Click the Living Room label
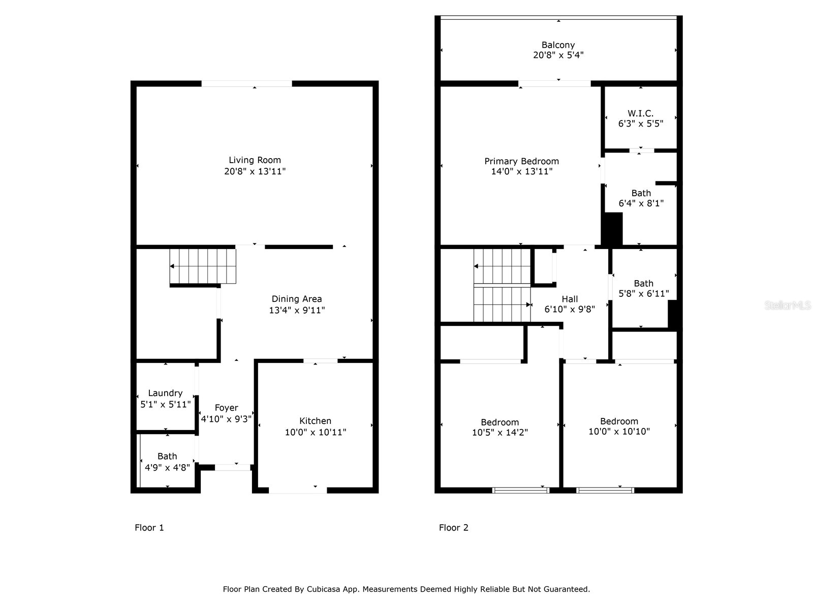pyautogui.click(x=255, y=160)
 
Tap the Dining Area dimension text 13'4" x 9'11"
pyautogui.click(x=297, y=310)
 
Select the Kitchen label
pyautogui.click(x=315, y=421)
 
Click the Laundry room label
pyautogui.click(x=165, y=393)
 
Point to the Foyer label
pyautogui.click(x=226, y=408)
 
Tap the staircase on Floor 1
pyautogui.click(x=203, y=266)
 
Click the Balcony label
pyautogui.click(x=558, y=45)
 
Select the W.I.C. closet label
pyautogui.click(x=640, y=113)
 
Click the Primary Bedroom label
pyautogui.click(x=521, y=161)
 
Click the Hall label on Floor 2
pyautogui.click(x=570, y=299)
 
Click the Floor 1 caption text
pyautogui.click(x=149, y=528)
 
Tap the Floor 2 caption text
pyautogui.click(x=453, y=528)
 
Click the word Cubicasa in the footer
pyautogui.click(x=324, y=589)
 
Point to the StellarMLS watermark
pyautogui.click(x=788, y=306)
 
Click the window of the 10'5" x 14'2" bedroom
pyautogui.click(x=521, y=491)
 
